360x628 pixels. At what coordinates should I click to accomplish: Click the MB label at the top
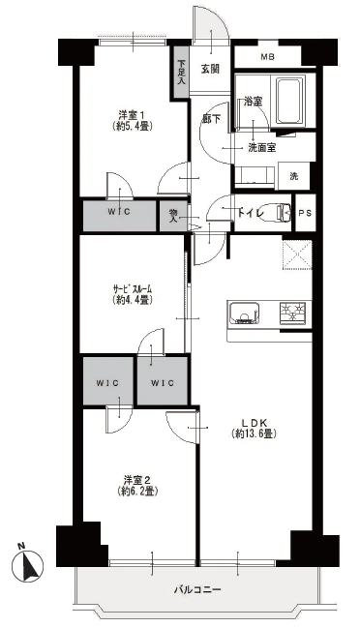click(x=267, y=57)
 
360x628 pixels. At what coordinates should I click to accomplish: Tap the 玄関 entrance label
click(x=210, y=69)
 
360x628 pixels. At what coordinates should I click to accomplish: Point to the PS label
click(x=305, y=213)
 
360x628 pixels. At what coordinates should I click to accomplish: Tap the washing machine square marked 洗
click(x=294, y=176)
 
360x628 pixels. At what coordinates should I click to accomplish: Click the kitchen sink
click(x=244, y=313)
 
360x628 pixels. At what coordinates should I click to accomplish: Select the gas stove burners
click(x=292, y=313)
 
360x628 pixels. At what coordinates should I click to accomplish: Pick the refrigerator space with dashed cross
click(x=297, y=254)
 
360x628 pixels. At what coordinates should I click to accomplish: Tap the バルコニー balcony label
click(x=197, y=589)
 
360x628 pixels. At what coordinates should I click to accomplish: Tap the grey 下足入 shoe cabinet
click(x=181, y=72)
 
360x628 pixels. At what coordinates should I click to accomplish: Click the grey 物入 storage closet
click(x=173, y=216)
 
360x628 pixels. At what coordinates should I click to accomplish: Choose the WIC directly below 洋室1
click(x=119, y=216)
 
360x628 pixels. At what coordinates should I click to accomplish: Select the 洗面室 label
click(x=262, y=148)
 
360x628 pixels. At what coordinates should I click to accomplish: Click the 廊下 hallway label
click(x=211, y=119)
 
